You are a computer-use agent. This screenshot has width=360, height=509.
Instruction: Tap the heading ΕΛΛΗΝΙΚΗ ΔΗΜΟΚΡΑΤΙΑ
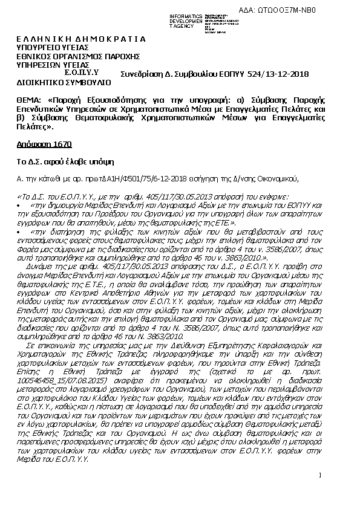pos(80,39)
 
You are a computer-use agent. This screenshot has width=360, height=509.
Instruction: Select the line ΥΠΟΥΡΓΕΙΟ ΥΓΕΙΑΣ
pos(53,48)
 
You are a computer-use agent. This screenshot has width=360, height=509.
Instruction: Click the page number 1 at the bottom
pos(319,476)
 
